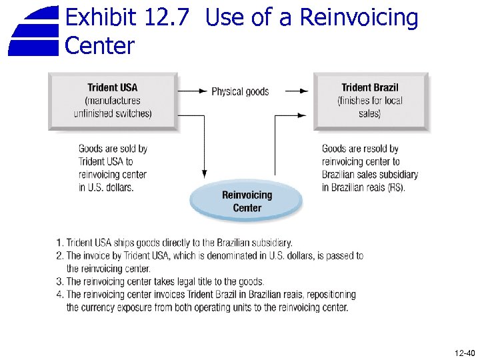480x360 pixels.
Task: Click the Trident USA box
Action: pyautogui.click(x=113, y=101)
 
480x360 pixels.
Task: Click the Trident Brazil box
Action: pyautogui.click(x=370, y=101)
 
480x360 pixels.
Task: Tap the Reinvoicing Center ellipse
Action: pyautogui.click(x=247, y=201)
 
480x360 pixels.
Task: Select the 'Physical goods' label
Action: pyautogui.click(x=240, y=91)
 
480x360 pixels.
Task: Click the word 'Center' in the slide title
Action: pyautogui.click(x=100, y=47)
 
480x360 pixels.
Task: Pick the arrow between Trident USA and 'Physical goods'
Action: pyautogui.click(x=193, y=91)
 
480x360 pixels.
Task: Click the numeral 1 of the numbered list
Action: pyautogui.click(x=59, y=243)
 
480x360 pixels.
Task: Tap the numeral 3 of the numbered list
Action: pyautogui.click(x=59, y=282)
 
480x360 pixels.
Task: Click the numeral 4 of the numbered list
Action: pyautogui.click(x=59, y=295)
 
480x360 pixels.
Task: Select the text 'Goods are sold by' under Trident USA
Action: pyautogui.click(x=113, y=149)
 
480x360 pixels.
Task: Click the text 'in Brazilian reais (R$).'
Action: pyautogui.click(x=363, y=187)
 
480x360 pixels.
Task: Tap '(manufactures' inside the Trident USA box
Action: pyautogui.click(x=113, y=101)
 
